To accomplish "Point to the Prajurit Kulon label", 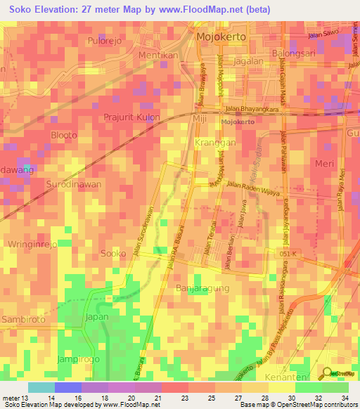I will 131,117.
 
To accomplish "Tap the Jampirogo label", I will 78,359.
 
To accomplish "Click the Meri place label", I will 325,163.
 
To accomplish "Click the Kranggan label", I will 214,142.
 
